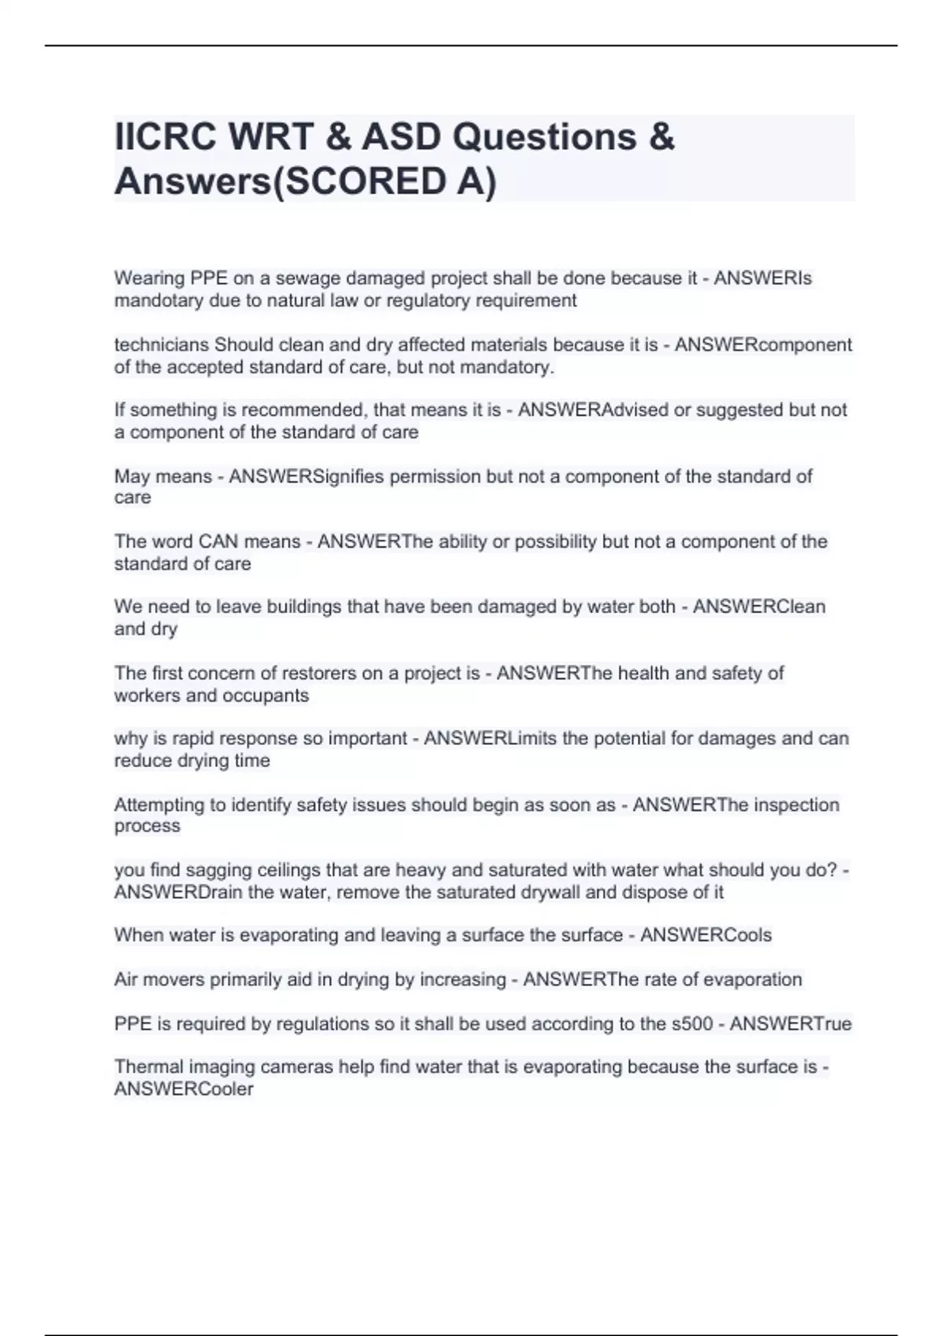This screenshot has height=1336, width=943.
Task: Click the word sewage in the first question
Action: [x=309, y=278]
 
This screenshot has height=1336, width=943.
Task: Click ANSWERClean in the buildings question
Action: [x=758, y=607]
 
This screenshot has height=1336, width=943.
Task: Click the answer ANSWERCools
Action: [x=706, y=935]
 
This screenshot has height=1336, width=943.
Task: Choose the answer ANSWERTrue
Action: [x=791, y=1024]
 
